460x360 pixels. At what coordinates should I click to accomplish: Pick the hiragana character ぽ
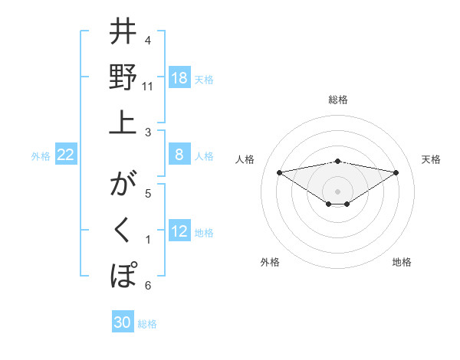(x=123, y=273)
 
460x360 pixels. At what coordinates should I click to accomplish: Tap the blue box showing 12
(x=179, y=232)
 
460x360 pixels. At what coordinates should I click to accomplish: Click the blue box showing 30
(x=123, y=322)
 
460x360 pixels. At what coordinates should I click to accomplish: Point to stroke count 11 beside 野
(x=148, y=86)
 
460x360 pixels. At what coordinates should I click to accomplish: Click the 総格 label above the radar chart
(x=337, y=100)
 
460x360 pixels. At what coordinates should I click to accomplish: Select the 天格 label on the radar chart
(x=431, y=159)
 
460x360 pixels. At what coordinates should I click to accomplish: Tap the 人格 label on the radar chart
(x=245, y=159)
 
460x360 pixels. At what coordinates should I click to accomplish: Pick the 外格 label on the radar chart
(x=270, y=262)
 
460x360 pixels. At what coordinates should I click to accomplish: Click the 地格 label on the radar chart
(x=402, y=262)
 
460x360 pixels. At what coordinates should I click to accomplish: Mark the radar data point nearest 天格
(x=396, y=172)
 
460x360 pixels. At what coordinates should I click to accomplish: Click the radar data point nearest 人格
(x=279, y=172)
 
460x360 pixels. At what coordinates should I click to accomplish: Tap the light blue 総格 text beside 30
(x=147, y=323)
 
